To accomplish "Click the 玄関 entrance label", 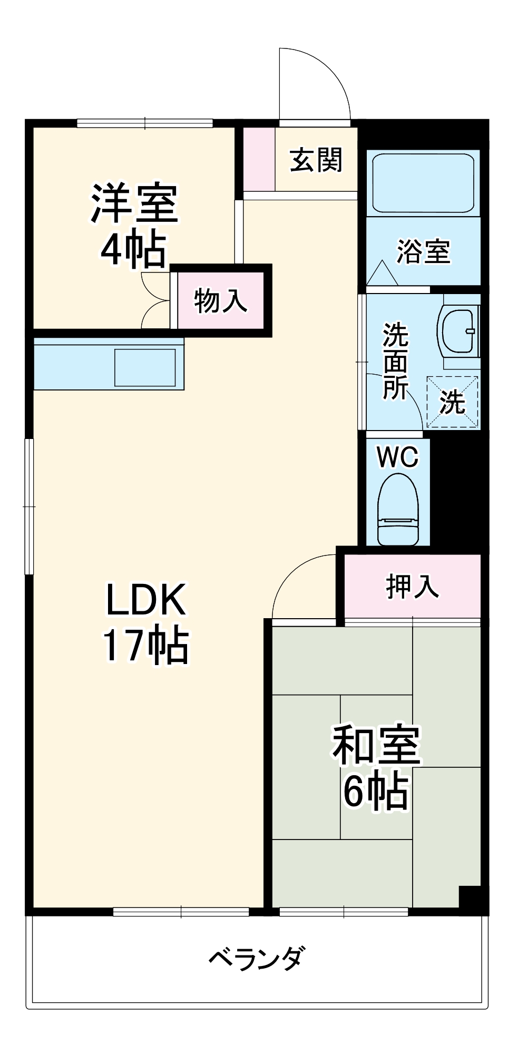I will pyautogui.click(x=316, y=160).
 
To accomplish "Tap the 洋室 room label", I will pyautogui.click(x=135, y=203).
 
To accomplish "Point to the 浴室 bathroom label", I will pyautogui.click(x=423, y=251).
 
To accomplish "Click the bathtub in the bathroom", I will pyautogui.click(x=423, y=183).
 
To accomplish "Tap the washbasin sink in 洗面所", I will pyautogui.click(x=458, y=331).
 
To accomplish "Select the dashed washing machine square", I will pyautogui.click(x=452, y=402).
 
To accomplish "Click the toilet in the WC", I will pyautogui.click(x=398, y=509).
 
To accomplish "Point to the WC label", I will pyautogui.click(x=397, y=456).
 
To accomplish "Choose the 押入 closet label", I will pyautogui.click(x=412, y=585).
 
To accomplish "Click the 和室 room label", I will pyautogui.click(x=376, y=745).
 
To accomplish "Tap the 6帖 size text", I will pyautogui.click(x=376, y=790).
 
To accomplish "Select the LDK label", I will pyautogui.click(x=146, y=600).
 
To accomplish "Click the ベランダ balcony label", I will pyautogui.click(x=257, y=958).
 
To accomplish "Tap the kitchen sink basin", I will pyautogui.click(x=145, y=367).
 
